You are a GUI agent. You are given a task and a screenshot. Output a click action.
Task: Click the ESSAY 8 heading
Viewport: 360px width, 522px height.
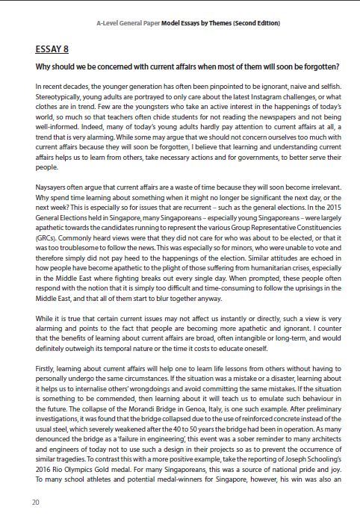pyautogui.click(x=52, y=49)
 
